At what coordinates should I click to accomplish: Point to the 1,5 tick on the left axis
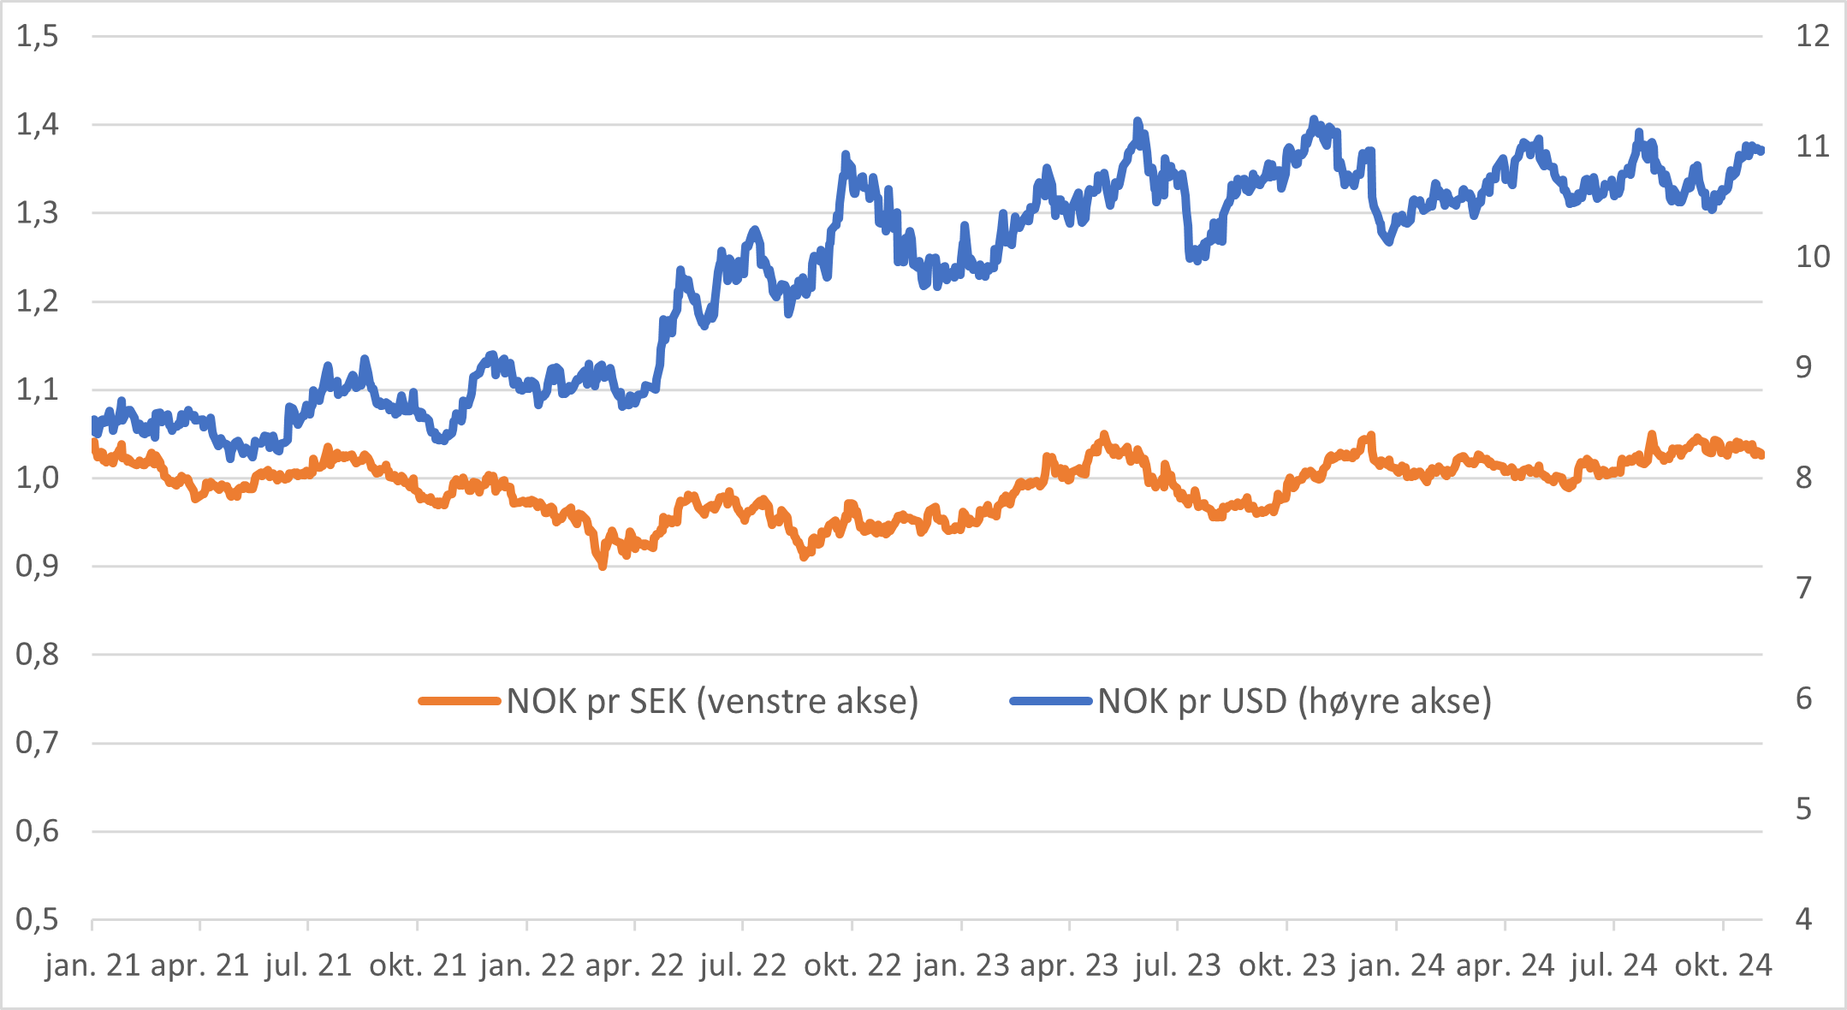38,36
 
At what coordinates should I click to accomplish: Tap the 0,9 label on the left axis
38,566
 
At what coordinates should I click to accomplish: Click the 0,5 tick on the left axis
38,919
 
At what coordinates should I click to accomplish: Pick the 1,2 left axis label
38,300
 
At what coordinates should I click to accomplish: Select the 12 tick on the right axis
1812,36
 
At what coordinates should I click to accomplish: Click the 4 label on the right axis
1803,919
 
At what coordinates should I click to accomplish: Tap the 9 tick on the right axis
1803,367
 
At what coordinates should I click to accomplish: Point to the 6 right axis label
1803,698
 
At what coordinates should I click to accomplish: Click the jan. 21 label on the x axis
92,965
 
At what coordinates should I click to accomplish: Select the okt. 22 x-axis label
852,965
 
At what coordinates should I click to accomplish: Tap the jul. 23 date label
1178,965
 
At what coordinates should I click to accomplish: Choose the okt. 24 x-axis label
1723,965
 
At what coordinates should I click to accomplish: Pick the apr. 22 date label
634,965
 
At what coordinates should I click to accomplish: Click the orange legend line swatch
460,701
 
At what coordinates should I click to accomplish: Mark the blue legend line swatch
1051,701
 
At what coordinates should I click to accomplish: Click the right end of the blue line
1761,151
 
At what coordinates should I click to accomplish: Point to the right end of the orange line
1761,454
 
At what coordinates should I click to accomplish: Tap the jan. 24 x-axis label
1397,965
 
